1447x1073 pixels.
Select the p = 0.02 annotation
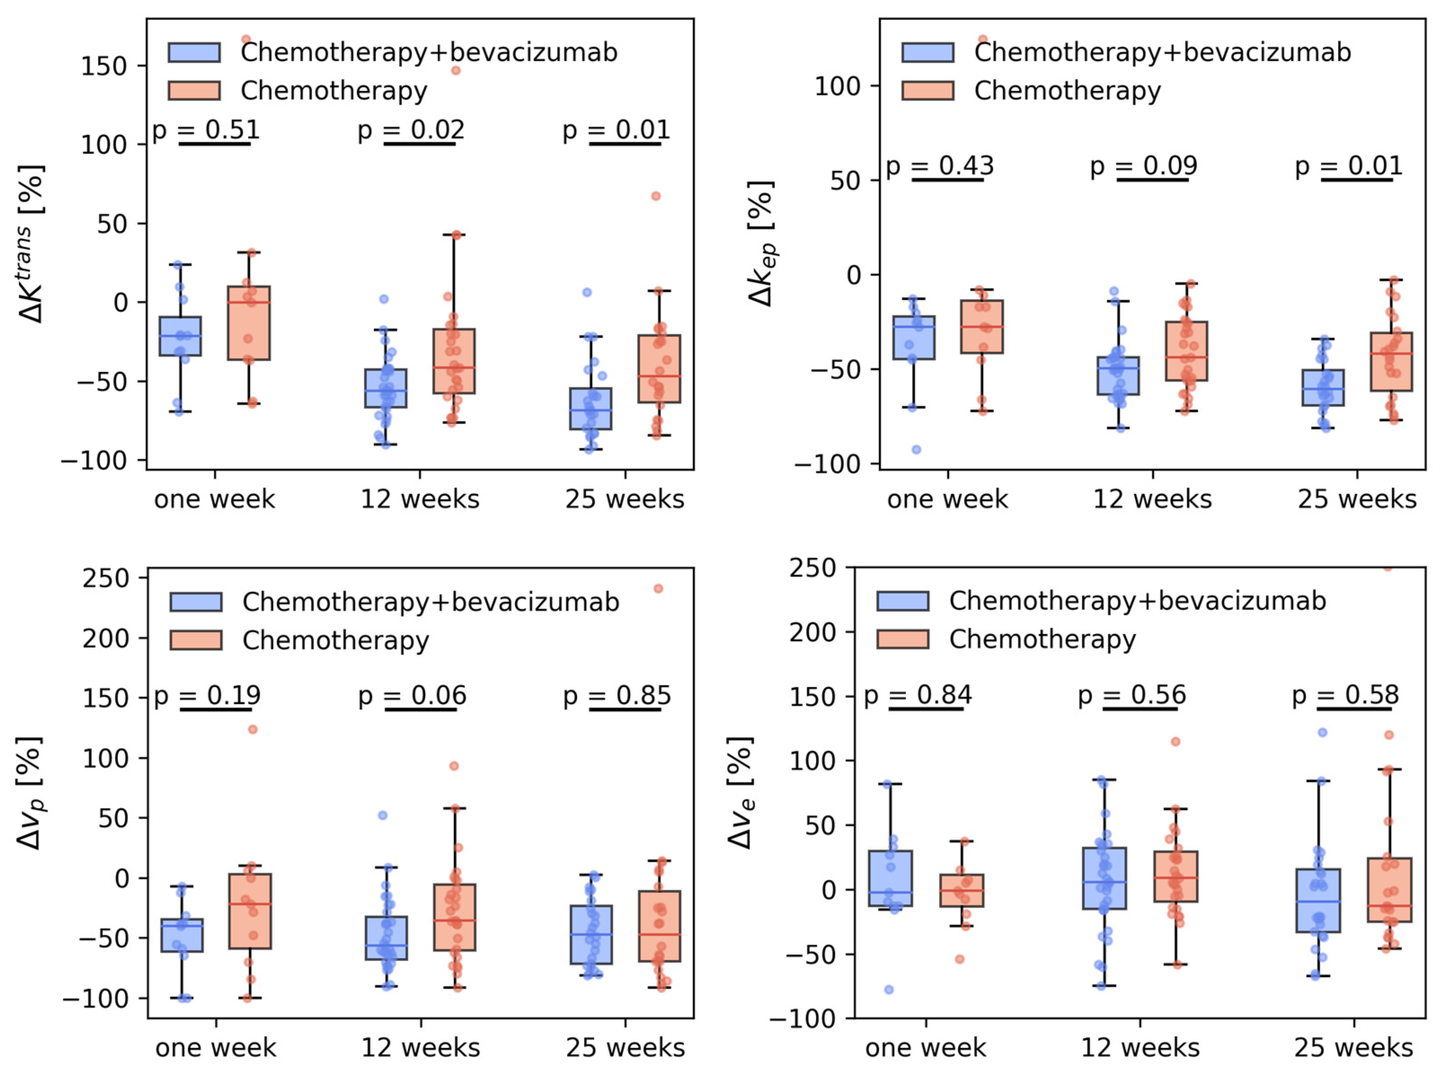pyautogui.click(x=412, y=130)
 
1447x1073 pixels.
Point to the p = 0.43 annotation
pyautogui.click(x=940, y=166)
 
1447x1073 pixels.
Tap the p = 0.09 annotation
pyautogui.click(x=1144, y=166)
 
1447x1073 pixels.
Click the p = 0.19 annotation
pyautogui.click(x=207, y=695)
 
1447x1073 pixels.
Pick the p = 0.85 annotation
pyautogui.click(x=617, y=695)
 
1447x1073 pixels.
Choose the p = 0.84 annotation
pyautogui.click(x=918, y=695)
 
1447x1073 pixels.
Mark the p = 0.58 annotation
pyautogui.click(x=1345, y=695)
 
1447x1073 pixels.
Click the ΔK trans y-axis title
pyautogui.click(x=31, y=244)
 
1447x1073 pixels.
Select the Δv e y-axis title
pyautogui.click(x=741, y=793)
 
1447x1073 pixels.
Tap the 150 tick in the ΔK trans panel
pyautogui.click(x=103, y=66)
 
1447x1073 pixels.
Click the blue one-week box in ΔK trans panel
pyautogui.click(x=180, y=336)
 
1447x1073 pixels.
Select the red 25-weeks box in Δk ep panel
pyautogui.click(x=1392, y=362)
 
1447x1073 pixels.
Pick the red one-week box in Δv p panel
pyautogui.click(x=250, y=911)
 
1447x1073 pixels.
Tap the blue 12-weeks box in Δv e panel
pyautogui.click(x=1105, y=878)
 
